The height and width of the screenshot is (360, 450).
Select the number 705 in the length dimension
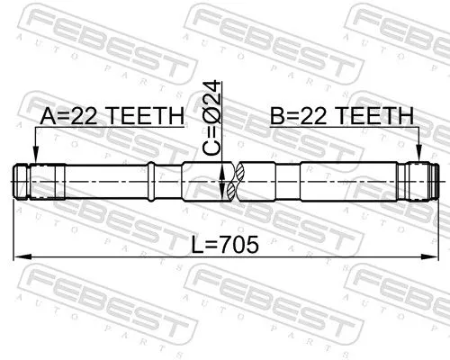(237, 244)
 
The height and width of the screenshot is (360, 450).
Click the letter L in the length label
(197, 244)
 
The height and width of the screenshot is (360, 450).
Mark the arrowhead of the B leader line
(419, 158)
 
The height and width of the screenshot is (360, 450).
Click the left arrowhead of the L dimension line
(20, 258)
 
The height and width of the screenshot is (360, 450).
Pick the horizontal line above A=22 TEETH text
(108, 129)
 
